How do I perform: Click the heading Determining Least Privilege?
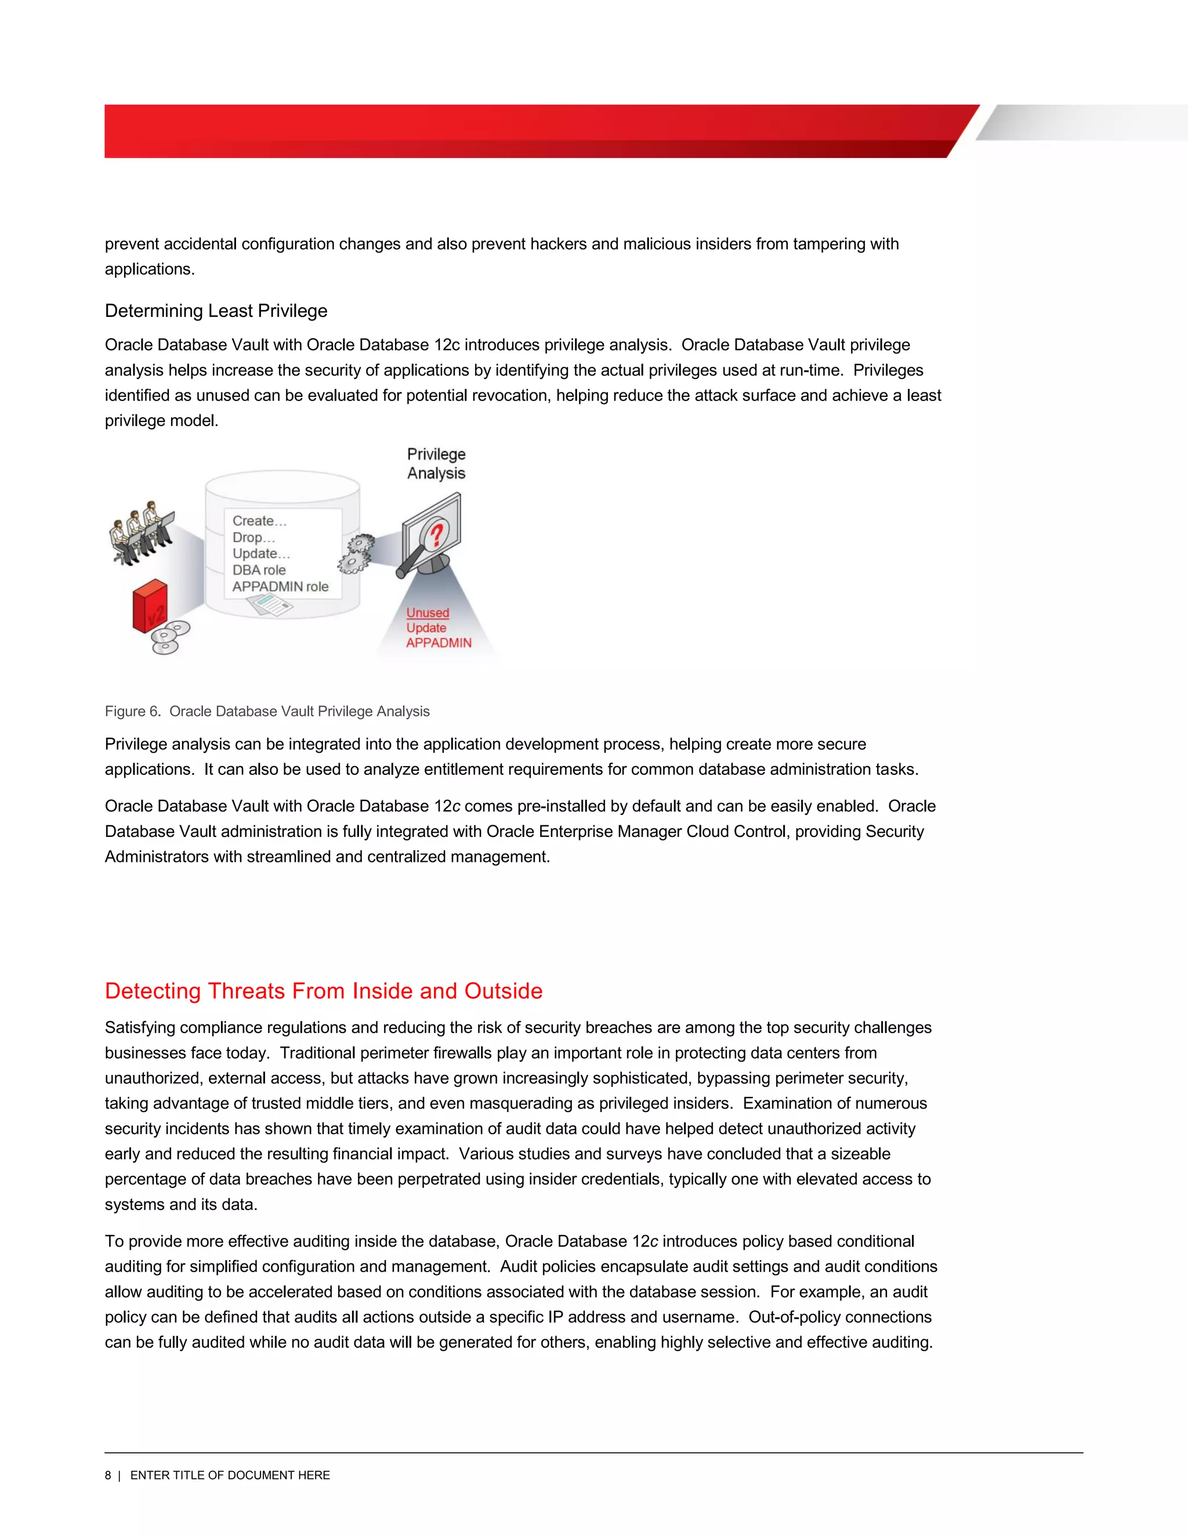(216, 311)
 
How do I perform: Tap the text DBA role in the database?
(259, 570)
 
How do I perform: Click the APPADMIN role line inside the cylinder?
(280, 587)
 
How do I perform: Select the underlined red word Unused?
(427, 613)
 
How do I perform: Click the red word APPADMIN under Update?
(439, 642)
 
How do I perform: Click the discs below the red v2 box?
(169, 637)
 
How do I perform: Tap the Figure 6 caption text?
(267, 712)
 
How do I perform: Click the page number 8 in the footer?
(108, 1475)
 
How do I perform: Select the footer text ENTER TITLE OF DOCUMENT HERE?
(230, 1475)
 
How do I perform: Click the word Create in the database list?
(253, 521)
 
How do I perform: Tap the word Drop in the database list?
(248, 537)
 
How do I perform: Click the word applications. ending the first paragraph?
(149, 269)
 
